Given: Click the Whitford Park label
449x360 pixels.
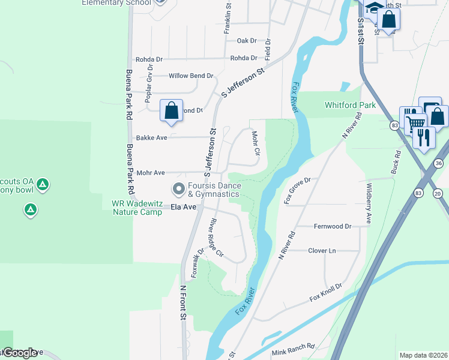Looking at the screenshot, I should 350,105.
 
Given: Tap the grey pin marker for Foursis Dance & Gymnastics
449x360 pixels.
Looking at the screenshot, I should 178,189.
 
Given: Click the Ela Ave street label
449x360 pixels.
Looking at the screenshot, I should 184,207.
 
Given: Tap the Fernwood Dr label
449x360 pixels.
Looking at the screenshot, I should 332,226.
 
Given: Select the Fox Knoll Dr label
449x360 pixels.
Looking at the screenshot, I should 325,292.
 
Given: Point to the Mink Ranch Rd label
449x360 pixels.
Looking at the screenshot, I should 292,346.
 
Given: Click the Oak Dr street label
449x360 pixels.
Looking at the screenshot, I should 247,41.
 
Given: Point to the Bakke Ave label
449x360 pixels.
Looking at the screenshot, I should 151,137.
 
